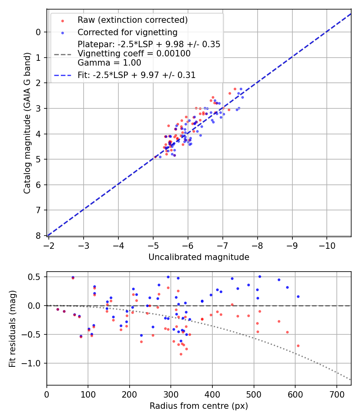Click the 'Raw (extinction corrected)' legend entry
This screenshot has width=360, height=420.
(x=132, y=20)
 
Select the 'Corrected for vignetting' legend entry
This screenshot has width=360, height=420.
(x=127, y=32)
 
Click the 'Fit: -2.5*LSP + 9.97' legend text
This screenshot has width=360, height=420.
(x=136, y=75)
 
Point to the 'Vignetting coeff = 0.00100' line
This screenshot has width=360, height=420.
(x=134, y=54)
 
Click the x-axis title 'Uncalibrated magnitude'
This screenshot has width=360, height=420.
(x=199, y=257)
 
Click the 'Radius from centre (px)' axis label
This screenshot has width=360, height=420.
(x=199, y=406)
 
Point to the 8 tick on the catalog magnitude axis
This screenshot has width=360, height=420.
(x=38, y=236)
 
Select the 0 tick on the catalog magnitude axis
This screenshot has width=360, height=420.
(x=38, y=32)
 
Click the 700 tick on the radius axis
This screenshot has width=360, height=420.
(x=336, y=395)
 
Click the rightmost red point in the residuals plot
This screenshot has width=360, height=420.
(x=298, y=346)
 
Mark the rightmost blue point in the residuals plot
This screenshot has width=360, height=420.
(x=298, y=296)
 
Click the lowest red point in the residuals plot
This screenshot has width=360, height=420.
(x=181, y=354)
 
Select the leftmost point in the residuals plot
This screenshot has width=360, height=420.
(x=58, y=309)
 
